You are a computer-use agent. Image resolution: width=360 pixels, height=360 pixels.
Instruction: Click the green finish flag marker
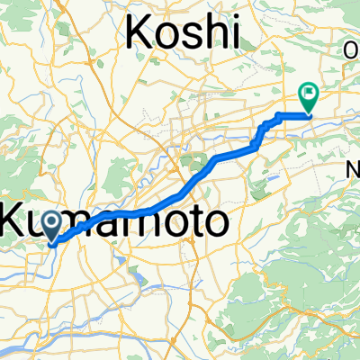[x=309, y=94]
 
